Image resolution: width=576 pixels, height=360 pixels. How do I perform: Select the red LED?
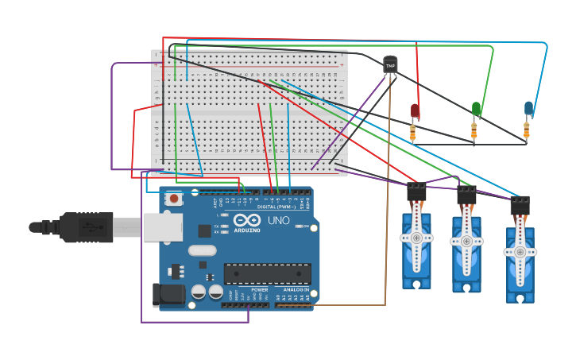415,111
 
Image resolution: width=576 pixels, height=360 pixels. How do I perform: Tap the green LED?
476,109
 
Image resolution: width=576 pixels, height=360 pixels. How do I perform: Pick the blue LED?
528,108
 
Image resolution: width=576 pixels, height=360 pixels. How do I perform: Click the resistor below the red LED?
413,132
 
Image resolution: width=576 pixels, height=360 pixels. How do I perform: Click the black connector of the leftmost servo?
416,192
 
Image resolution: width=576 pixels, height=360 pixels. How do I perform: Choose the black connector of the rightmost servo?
520,205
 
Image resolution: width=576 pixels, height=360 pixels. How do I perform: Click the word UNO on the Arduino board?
278,220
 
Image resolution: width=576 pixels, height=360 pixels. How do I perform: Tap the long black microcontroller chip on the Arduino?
267,273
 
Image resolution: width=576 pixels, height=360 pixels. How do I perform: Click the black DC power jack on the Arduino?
168,295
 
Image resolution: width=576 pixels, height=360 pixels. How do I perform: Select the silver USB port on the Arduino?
162,226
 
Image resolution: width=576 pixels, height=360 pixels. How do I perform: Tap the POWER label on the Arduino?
260,289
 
